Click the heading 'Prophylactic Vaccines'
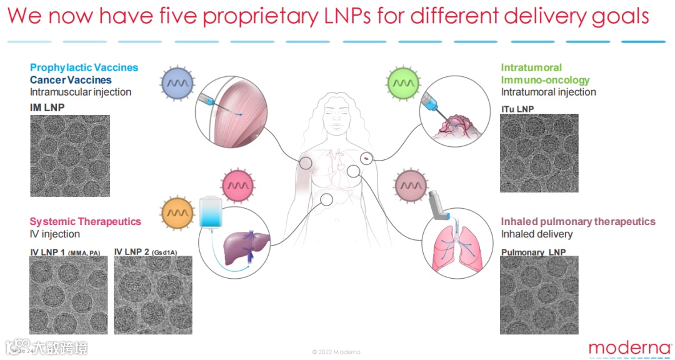84,67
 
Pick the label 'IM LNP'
47,107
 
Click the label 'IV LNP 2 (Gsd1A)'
146,252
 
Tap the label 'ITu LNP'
517,109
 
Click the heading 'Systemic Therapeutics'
86,221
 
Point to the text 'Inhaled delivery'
536,234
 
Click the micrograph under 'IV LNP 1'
69,295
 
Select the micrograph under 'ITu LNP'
539,153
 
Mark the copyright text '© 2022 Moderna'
336,352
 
